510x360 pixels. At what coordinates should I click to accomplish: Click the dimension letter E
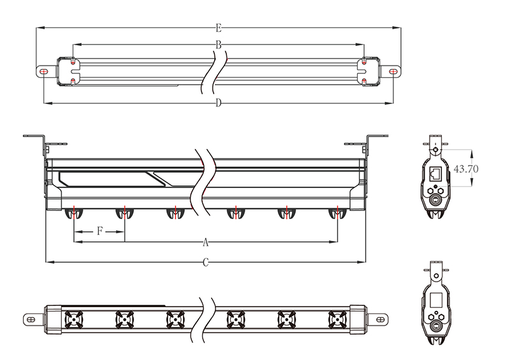(x=218, y=28)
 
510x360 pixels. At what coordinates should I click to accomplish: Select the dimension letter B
(x=218, y=45)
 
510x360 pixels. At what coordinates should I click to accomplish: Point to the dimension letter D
(x=218, y=103)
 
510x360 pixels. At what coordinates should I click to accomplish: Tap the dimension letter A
(x=205, y=242)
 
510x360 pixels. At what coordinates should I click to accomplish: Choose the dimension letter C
(x=205, y=262)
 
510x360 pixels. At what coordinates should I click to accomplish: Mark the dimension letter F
(x=99, y=231)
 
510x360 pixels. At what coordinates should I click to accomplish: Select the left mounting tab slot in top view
(x=43, y=72)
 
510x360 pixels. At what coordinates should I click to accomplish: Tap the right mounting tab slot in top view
(x=393, y=72)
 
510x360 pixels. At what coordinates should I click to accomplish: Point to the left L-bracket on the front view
(x=38, y=141)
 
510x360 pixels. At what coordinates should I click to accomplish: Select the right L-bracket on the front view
(x=372, y=141)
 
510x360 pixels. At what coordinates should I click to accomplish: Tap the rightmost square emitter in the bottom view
(x=337, y=318)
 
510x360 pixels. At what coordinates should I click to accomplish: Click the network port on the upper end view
(x=436, y=172)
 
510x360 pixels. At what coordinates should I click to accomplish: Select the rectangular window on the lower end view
(x=436, y=299)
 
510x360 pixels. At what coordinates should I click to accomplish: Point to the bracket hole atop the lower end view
(x=436, y=275)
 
